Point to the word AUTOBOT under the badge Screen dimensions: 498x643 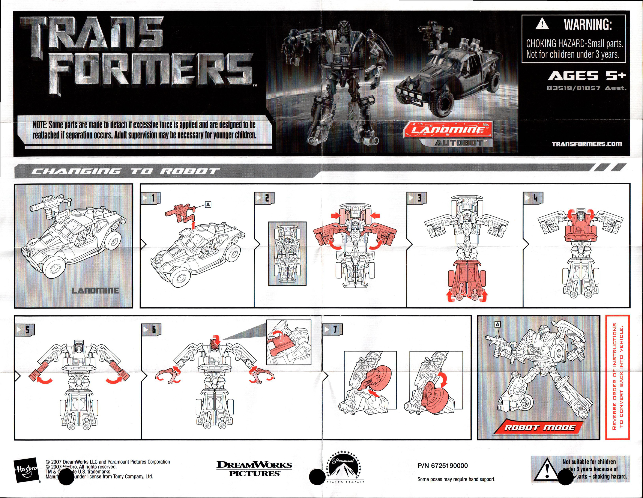459,143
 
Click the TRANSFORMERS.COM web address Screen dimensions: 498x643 587,144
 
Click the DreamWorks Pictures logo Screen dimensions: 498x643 254,469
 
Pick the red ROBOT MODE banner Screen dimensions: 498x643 539,427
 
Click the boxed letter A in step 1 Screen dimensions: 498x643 208,204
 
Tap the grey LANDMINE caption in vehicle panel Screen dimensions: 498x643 95,291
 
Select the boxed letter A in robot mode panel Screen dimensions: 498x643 497,324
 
